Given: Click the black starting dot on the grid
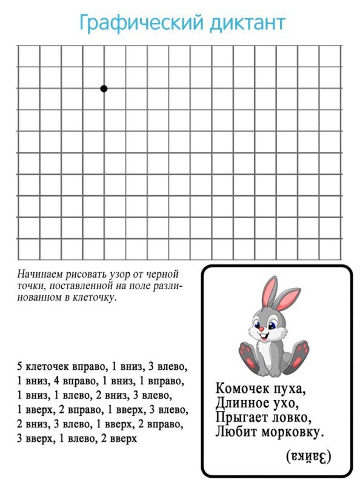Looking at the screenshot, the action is click(x=104, y=89).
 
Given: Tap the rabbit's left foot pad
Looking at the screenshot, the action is click(x=247, y=354).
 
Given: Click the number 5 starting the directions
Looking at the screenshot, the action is click(x=20, y=367).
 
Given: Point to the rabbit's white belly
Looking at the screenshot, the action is click(x=271, y=355).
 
